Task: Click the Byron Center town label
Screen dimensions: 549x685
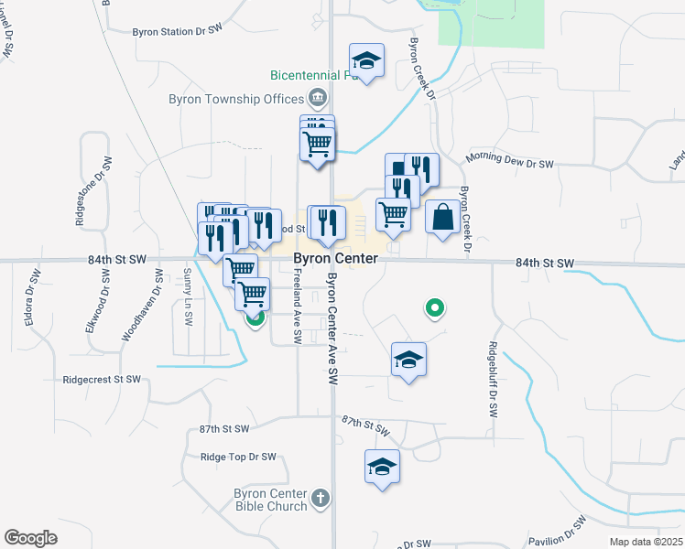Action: click(335, 259)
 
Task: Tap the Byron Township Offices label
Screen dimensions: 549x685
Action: click(236, 99)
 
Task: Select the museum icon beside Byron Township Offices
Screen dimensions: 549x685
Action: click(317, 97)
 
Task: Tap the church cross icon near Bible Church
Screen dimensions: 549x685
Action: click(320, 499)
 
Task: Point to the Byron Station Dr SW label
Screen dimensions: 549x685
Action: click(178, 31)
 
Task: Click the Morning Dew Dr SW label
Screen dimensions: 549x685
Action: click(510, 161)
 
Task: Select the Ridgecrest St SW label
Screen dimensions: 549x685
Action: click(102, 379)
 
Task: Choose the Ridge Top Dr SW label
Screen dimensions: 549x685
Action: click(237, 457)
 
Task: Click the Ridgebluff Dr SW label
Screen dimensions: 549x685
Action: click(493, 380)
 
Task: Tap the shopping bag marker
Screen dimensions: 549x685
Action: click(442, 218)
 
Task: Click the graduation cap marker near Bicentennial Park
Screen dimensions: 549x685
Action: click(366, 61)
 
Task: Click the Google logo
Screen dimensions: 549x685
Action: click(30, 538)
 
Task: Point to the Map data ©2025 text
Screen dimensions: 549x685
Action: click(646, 543)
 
